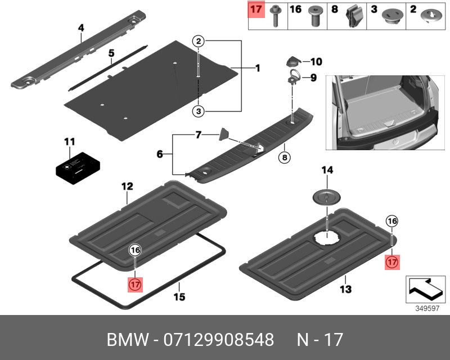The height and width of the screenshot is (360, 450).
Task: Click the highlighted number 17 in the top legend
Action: (x=256, y=10)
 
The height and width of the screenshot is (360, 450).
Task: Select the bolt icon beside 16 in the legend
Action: (x=316, y=17)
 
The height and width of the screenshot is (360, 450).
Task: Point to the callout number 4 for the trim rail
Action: (x=81, y=28)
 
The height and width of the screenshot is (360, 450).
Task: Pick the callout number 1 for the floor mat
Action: (x=258, y=69)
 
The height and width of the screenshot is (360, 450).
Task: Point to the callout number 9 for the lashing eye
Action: (x=314, y=78)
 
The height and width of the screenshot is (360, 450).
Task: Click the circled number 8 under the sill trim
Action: (x=285, y=158)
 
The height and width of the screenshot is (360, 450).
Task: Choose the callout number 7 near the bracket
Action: (x=198, y=136)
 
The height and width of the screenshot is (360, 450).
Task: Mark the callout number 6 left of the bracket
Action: (x=160, y=154)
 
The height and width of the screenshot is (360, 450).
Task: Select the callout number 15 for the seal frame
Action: (x=179, y=296)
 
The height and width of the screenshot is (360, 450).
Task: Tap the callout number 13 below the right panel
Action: (x=345, y=290)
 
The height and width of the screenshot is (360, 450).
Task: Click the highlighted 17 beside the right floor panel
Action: (x=392, y=262)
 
